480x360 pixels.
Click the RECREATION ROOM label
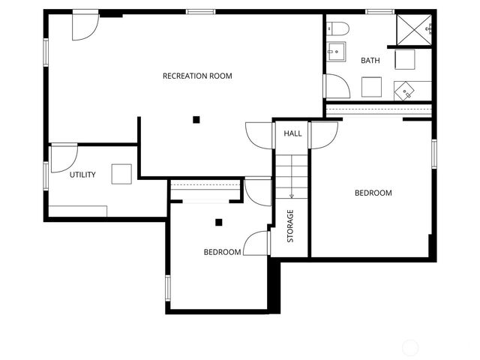(x=197, y=76)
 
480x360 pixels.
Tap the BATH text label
(x=370, y=61)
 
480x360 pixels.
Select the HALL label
(x=292, y=133)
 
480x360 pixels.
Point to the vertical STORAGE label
(x=290, y=226)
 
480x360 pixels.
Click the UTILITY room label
(x=82, y=175)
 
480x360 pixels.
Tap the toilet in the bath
(x=339, y=29)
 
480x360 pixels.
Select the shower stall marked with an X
(x=415, y=28)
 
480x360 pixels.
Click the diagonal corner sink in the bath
(x=405, y=91)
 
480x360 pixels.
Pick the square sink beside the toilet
(x=336, y=52)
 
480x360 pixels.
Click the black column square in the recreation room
(x=196, y=118)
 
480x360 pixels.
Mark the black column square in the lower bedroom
(x=219, y=222)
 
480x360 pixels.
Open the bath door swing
(x=337, y=86)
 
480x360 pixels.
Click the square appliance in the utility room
(x=121, y=174)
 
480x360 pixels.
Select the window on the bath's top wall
(x=379, y=12)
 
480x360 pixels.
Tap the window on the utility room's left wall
(x=46, y=175)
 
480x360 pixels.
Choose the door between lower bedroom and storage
(x=258, y=242)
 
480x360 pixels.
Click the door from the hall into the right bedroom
(x=323, y=135)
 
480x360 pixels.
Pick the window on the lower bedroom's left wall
(x=168, y=288)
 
